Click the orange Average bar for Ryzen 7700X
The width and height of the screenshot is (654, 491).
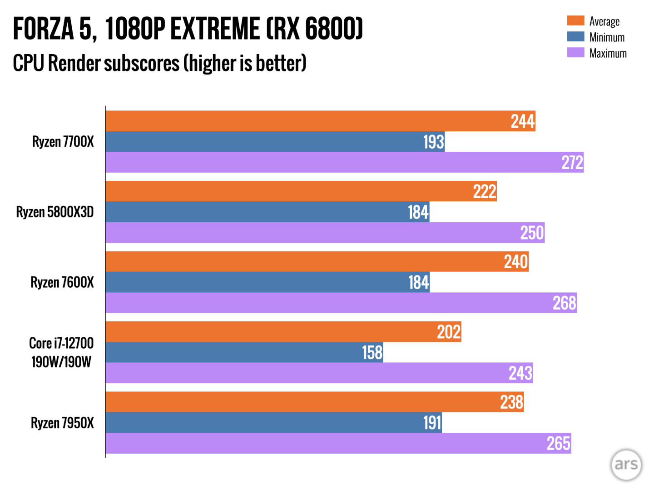[x=320, y=121]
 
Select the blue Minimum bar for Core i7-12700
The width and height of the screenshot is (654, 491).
[x=244, y=352]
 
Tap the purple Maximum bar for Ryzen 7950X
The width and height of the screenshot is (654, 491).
[x=338, y=443]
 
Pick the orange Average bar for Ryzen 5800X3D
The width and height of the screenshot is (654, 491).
[x=301, y=191]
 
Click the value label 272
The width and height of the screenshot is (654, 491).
[x=572, y=162]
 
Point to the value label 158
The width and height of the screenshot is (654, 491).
[x=372, y=352]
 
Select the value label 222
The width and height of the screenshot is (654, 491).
[x=484, y=191]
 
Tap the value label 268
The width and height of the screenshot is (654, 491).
[x=564, y=303]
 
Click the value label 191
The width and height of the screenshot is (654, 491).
[x=432, y=423]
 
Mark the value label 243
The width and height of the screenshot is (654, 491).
[x=520, y=373]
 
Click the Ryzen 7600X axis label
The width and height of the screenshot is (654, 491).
[x=62, y=282]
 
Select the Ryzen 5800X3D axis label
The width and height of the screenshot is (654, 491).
[x=55, y=212]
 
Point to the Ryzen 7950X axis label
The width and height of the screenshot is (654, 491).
[x=62, y=423]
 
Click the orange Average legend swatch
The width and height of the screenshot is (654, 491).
[x=575, y=21]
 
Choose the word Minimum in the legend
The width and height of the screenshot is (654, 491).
[x=607, y=37]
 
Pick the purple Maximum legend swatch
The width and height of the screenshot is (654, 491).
[x=575, y=53]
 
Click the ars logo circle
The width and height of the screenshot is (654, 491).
[x=626, y=465]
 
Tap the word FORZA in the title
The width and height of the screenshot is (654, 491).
[x=43, y=29]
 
